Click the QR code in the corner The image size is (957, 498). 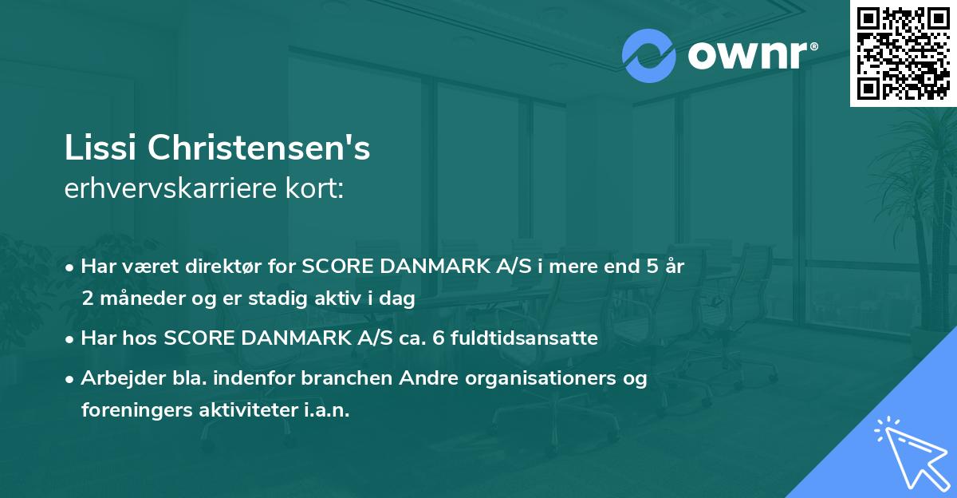tap(903, 53)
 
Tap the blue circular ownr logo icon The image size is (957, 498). tap(649, 56)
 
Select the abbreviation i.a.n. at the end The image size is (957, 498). tap(325, 410)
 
